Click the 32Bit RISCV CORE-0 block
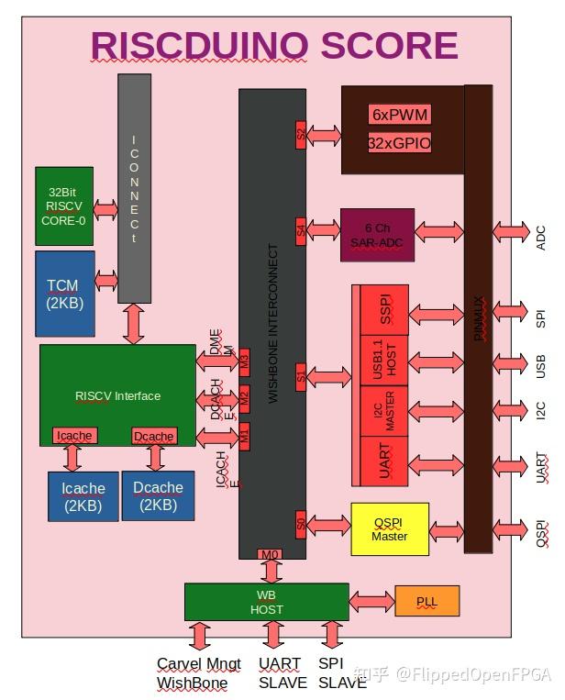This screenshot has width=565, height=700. pyautogui.click(x=64, y=206)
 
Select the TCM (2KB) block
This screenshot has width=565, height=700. pyautogui.click(x=64, y=294)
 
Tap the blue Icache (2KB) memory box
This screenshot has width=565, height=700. pyautogui.click(x=83, y=496)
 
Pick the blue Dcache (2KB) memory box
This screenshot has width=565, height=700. pyautogui.click(x=158, y=496)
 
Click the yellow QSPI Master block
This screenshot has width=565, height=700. pyautogui.click(x=390, y=529)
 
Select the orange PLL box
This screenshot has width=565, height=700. pyautogui.click(x=427, y=601)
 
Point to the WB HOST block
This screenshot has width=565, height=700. pyautogui.click(x=266, y=602)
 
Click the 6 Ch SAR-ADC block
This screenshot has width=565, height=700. pyautogui.click(x=377, y=235)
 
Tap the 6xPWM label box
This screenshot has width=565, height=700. pyautogui.click(x=400, y=115)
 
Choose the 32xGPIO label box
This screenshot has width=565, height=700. pyautogui.click(x=400, y=143)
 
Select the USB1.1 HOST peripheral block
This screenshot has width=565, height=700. pyautogui.click(x=384, y=359)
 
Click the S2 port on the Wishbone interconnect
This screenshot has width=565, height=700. pyautogui.click(x=301, y=135)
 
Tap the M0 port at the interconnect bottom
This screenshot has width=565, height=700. pyautogui.click(x=270, y=554)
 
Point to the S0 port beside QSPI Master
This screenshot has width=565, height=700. pyautogui.click(x=301, y=522)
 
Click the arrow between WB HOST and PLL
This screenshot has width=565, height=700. pyautogui.click(x=371, y=602)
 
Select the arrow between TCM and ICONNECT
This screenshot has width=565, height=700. pyautogui.click(x=105, y=280)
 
